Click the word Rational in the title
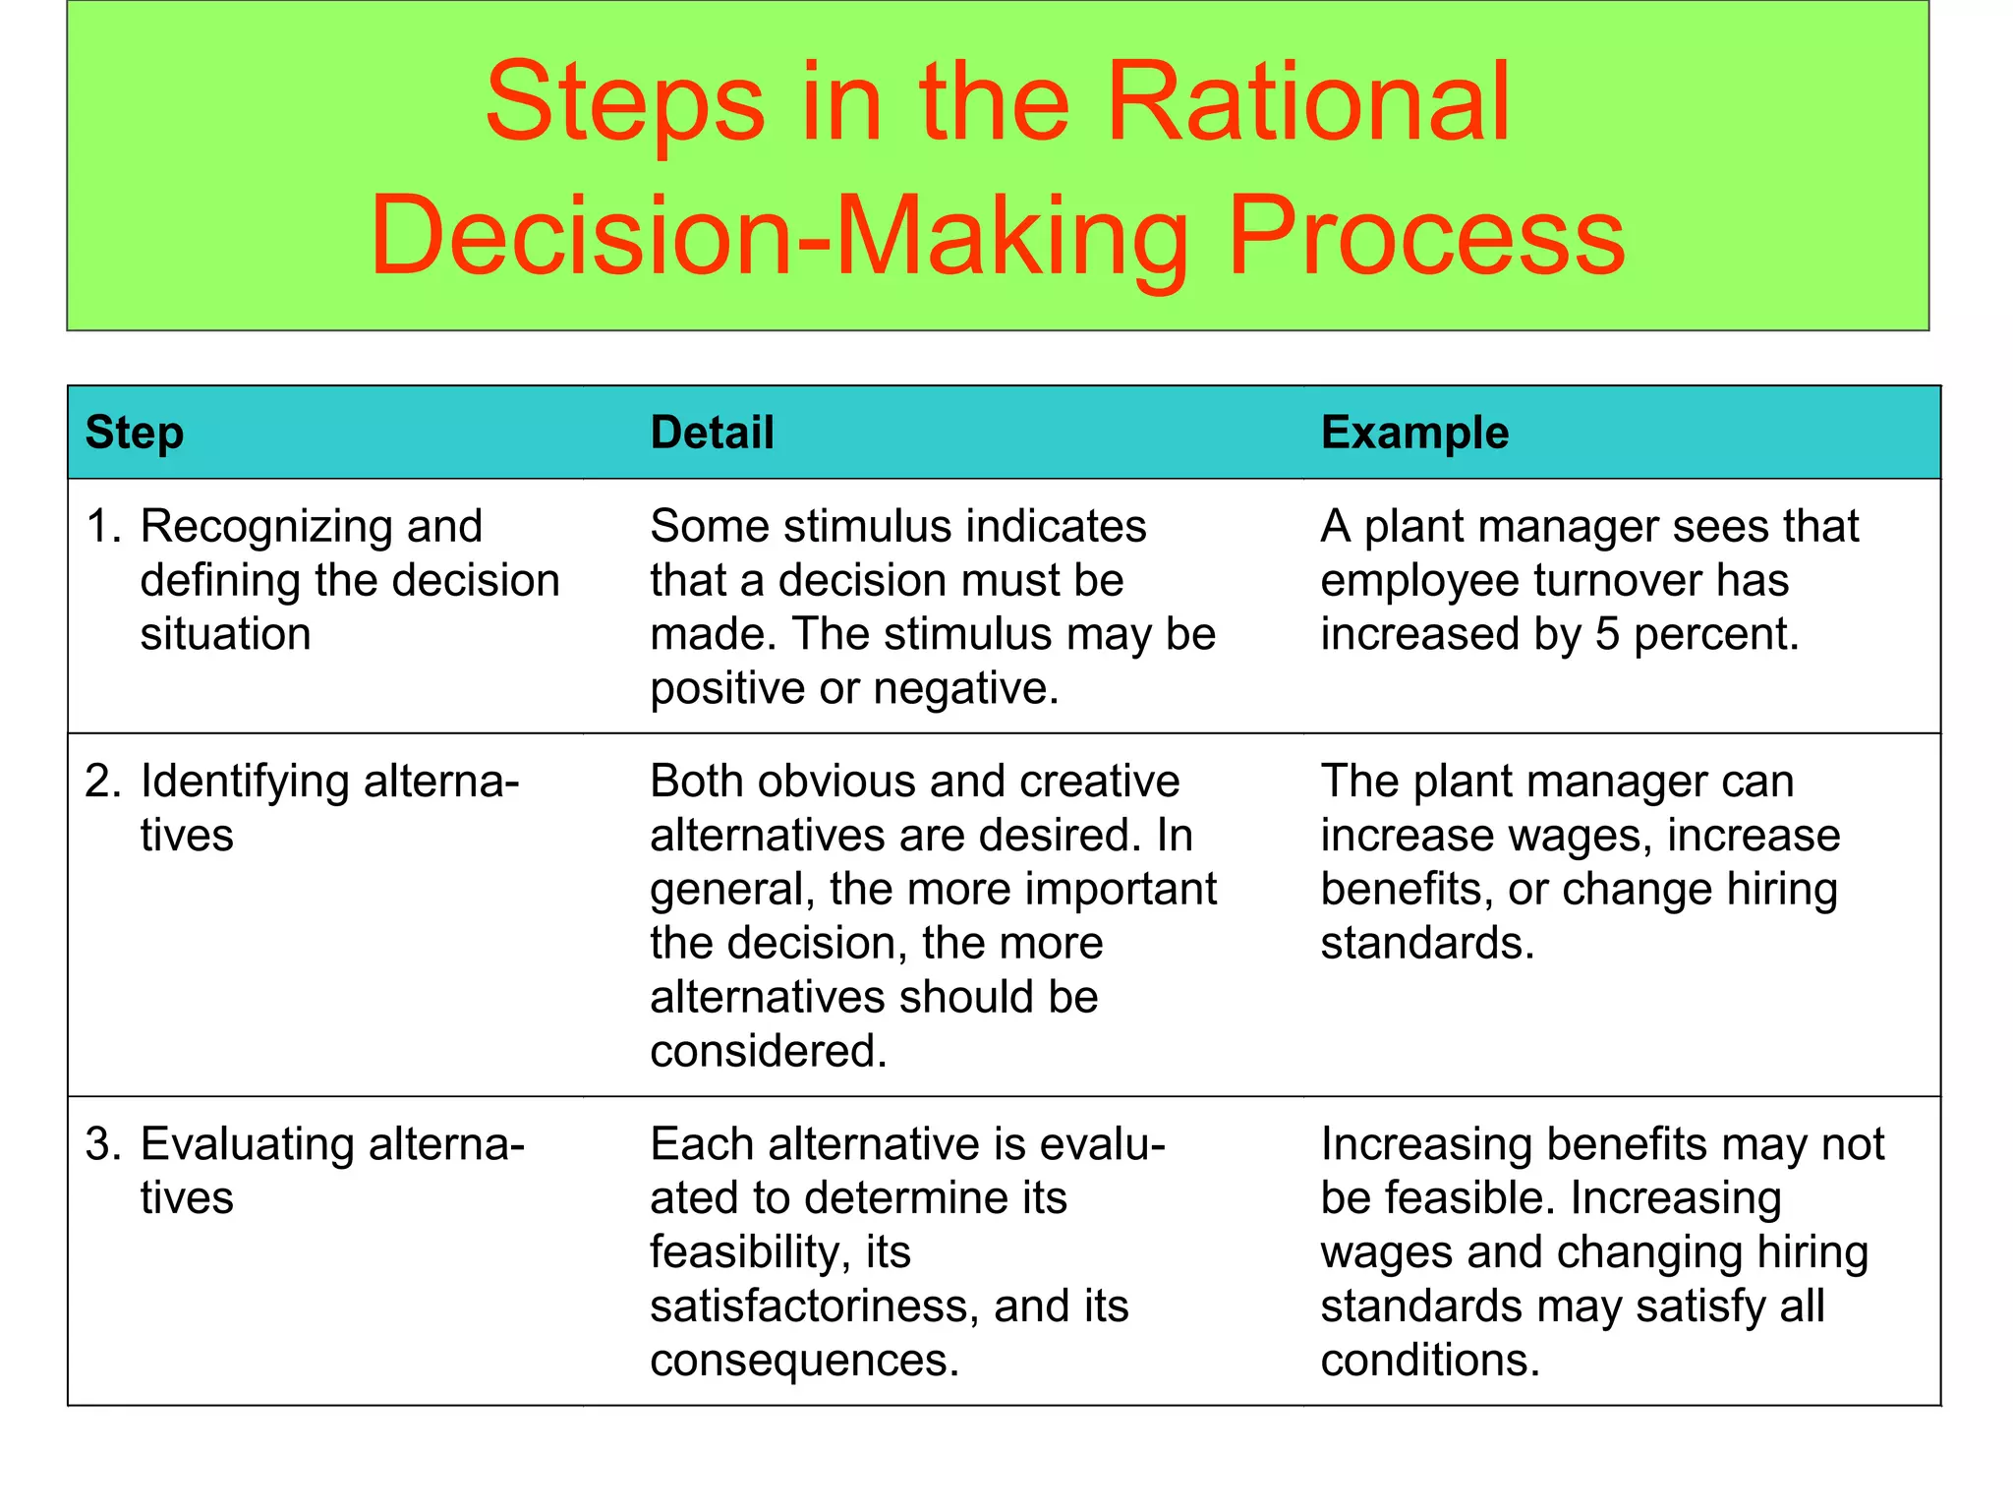pyautogui.click(x=1307, y=102)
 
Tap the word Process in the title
pyautogui.click(x=1426, y=236)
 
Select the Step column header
pyautogui.click(x=135, y=433)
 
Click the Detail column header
pyautogui.click(x=713, y=433)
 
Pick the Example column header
pyautogui.click(x=1414, y=433)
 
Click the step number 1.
pyautogui.click(x=101, y=527)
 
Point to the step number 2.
pyautogui.click(x=101, y=782)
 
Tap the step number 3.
pyautogui.click(x=101, y=1144)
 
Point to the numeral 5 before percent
pyautogui.click(x=1607, y=635)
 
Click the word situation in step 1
pyautogui.click(x=225, y=635)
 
